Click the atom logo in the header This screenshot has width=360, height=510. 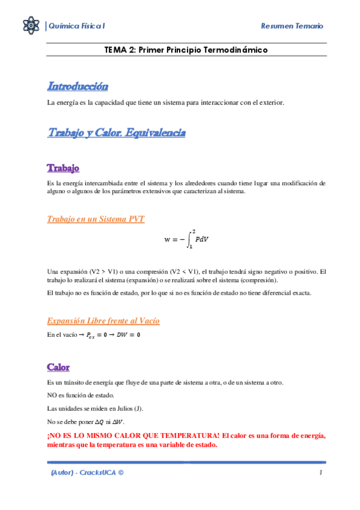[30, 25]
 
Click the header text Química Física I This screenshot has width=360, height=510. [78, 26]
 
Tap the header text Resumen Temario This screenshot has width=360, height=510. [293, 26]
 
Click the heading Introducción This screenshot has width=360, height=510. [78, 87]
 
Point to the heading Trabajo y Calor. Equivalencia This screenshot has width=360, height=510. [116, 133]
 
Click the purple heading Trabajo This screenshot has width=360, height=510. [63, 167]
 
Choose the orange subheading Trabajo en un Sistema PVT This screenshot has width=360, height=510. [96, 219]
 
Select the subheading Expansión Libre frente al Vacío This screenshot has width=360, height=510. [103, 321]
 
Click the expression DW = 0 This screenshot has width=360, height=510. [129, 334]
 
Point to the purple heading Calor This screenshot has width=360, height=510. [58, 367]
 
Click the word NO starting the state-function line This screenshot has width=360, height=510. [52, 395]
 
